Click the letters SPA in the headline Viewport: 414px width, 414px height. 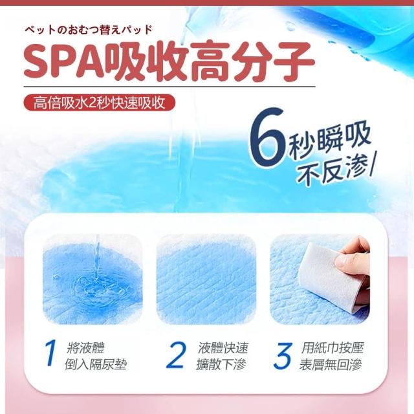click(64, 61)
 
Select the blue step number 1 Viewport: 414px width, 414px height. click(50, 353)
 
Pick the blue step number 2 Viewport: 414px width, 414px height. click(176, 355)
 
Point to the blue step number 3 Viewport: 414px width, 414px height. click(283, 356)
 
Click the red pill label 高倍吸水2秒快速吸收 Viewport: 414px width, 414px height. click(99, 103)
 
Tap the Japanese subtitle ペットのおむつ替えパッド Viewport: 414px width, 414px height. click(89, 30)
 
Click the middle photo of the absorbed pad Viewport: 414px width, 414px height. click(206, 279)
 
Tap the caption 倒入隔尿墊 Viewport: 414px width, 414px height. click(96, 364)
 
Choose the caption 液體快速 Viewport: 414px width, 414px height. click(223, 348)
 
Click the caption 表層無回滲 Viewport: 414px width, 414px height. click(331, 364)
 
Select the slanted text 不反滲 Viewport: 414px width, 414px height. click(333, 171)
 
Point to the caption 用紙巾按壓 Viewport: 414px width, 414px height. click(332, 348)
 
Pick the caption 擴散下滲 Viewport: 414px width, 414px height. click(221, 364)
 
